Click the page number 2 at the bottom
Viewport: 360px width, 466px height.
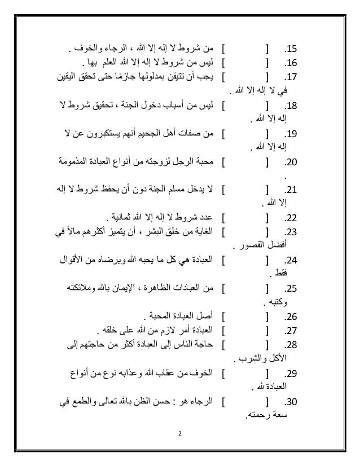coord(179,435)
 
